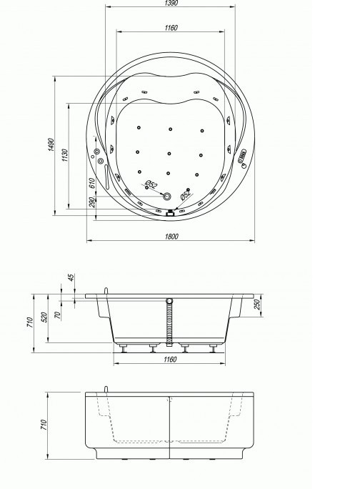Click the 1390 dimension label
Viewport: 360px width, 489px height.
(171, 3)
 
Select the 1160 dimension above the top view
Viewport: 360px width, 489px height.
(171, 27)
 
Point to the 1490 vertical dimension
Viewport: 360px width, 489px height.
(51, 144)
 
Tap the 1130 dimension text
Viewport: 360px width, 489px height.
(65, 155)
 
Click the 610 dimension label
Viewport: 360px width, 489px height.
(92, 183)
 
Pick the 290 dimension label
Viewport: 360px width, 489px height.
(92, 202)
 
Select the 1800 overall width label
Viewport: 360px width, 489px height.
(171, 236)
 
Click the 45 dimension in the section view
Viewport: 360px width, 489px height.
(71, 277)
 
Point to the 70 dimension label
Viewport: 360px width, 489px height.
(58, 315)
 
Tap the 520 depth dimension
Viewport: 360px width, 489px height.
(44, 317)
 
